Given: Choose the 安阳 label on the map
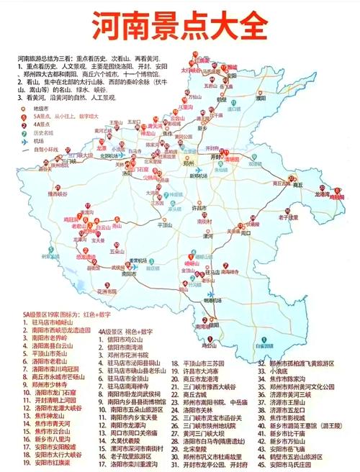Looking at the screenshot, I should coord(232,74).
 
